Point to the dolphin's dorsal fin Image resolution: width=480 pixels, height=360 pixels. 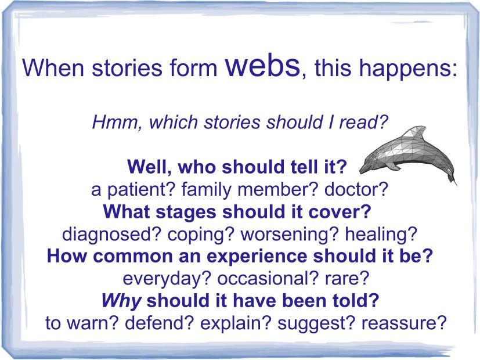point(414,132)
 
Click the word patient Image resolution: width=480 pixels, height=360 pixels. point(141,190)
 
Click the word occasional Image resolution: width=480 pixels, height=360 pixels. point(269,278)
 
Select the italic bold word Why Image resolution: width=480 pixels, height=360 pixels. point(121,301)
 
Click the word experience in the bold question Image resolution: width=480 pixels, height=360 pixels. point(257,257)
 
